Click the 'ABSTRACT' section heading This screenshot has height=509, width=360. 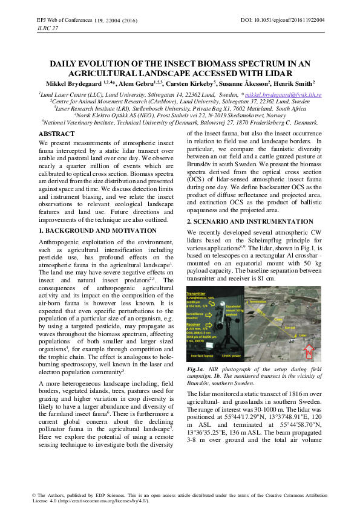57,132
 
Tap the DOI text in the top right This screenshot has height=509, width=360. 283,20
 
